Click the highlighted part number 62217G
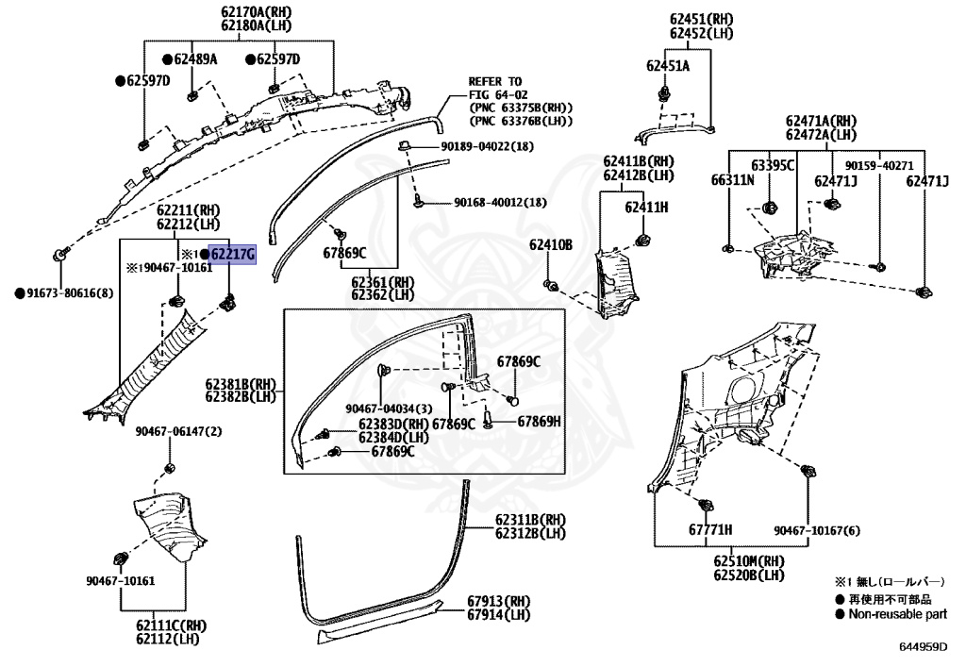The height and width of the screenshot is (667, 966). coord(232,254)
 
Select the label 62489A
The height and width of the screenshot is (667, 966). coord(196,59)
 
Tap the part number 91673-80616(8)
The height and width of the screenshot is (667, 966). coord(70,293)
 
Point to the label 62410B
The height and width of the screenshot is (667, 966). coord(551,245)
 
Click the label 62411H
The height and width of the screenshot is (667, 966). coord(646,208)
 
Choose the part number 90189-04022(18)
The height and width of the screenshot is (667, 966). coord(488,146)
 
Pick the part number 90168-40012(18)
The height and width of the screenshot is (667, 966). coord(500,202)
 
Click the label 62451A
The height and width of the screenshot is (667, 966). coord(668,66)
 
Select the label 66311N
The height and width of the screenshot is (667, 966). coord(732,180)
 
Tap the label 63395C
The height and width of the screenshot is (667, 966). coord(773,166)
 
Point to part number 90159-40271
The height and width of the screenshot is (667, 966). coord(879,166)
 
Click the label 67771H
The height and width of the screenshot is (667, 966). coord(710,529)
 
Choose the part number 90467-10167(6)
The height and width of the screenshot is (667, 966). coord(817,530)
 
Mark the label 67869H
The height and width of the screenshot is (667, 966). coord(539,422)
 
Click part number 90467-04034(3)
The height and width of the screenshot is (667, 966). coord(389,409)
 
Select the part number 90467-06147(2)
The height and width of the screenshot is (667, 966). coord(178,432)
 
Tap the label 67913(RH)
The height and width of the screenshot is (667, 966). coord(498,601)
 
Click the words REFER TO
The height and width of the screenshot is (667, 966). coord(494,81)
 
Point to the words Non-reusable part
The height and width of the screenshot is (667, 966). coord(898,614)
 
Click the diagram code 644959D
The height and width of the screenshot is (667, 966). coord(923,646)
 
